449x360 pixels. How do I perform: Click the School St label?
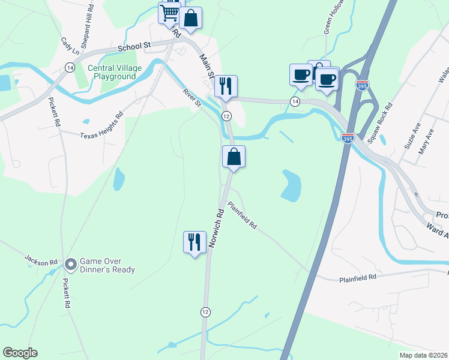click(x=134, y=46)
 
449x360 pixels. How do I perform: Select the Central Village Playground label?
click(x=115, y=72)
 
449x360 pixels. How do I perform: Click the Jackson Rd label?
click(x=41, y=260)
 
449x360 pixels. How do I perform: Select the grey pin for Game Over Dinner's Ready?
click(x=70, y=263)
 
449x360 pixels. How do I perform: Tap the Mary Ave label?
click(x=426, y=143)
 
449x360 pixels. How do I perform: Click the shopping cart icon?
click(x=170, y=12)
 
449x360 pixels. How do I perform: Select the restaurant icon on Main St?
click(x=226, y=86)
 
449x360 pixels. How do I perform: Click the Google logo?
click(x=20, y=353)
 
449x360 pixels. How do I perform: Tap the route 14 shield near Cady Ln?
click(x=70, y=69)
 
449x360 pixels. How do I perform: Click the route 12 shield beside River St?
click(x=226, y=116)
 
